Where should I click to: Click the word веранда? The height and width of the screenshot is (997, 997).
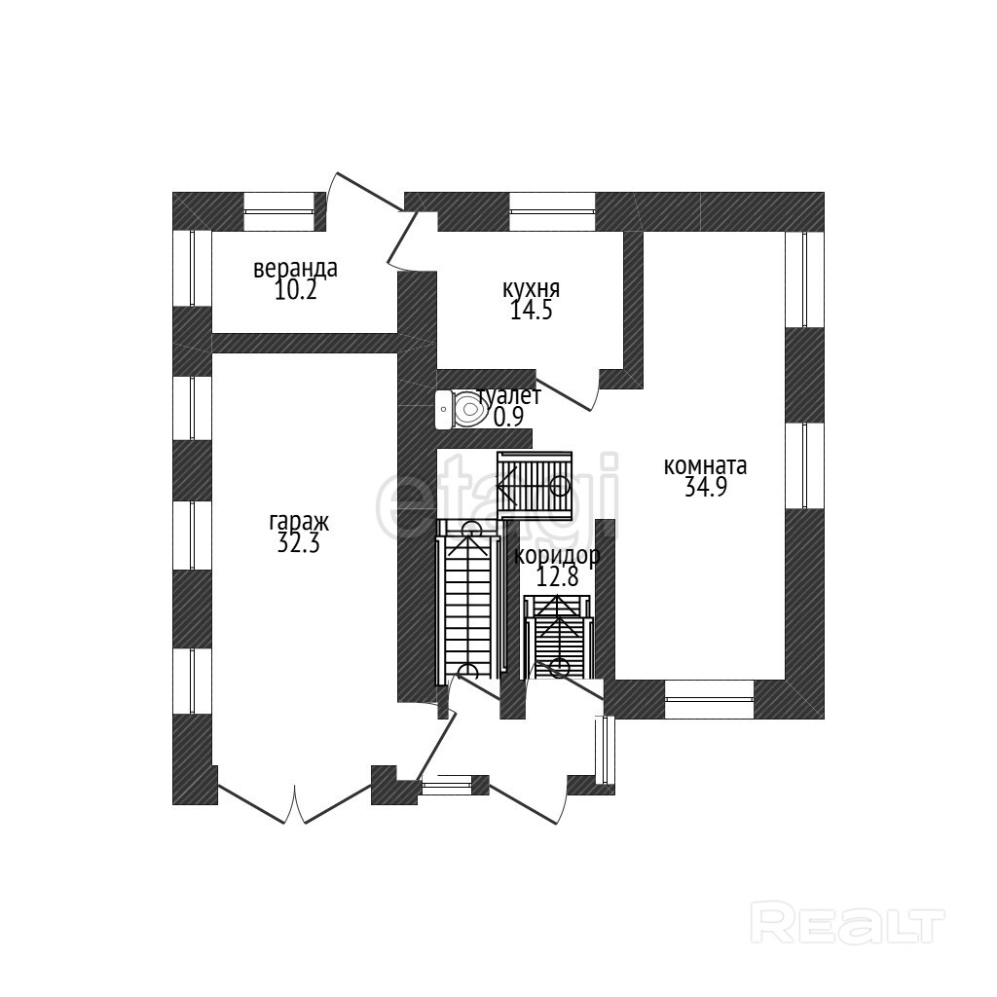[295, 268]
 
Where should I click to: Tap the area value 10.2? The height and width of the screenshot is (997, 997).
[295, 290]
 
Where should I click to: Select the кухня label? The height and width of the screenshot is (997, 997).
[531, 289]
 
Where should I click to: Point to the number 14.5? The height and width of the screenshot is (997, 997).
[531, 311]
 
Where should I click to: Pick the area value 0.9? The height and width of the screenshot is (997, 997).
[508, 417]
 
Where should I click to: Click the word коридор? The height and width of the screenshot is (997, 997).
[556, 556]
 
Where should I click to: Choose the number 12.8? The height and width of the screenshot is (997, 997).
[558, 577]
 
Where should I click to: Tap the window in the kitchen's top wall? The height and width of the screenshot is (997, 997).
[552, 211]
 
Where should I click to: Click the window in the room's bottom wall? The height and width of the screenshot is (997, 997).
[709, 698]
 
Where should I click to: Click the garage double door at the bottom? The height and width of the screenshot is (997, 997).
[295, 804]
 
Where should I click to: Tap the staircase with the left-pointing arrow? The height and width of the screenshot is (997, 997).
[534, 482]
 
